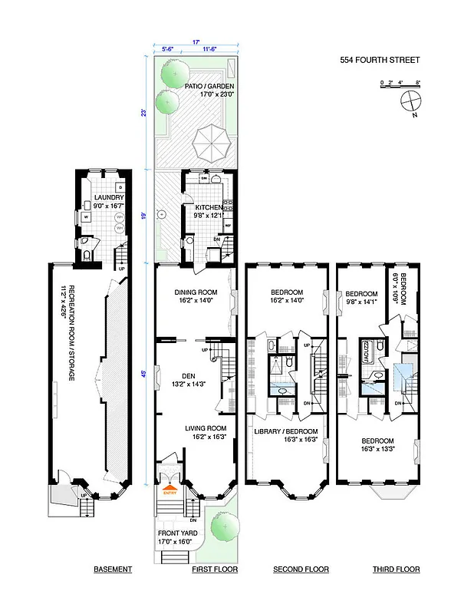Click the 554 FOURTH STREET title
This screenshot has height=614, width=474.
coord(380,61)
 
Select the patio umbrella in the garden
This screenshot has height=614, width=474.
coord(209,142)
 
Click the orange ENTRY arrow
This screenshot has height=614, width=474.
coord(170,483)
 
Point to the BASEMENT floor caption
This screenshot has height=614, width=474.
coord(113,569)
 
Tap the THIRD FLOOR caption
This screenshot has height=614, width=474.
coord(396,569)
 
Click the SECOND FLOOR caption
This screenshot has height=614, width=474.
coord(301,569)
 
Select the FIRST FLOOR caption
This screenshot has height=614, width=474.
coord(214,569)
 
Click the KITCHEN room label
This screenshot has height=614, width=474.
coord(208,207)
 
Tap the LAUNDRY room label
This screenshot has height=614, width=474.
coord(109,197)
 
